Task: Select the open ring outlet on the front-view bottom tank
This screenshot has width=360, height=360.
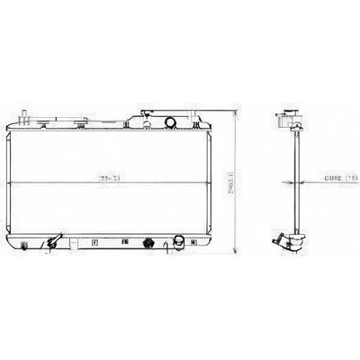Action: click(x=179, y=241)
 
